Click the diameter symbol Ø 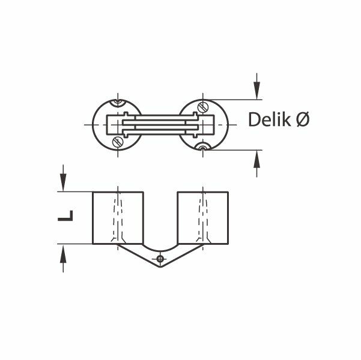(x=303, y=121)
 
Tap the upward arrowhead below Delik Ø (x=258, y=157)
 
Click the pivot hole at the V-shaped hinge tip (x=160, y=259)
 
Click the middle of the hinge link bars (x=161, y=125)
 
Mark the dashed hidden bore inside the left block (x=119, y=217)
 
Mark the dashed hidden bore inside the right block (x=205, y=217)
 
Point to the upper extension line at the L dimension (x=75, y=192)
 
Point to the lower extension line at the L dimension (x=75, y=244)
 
